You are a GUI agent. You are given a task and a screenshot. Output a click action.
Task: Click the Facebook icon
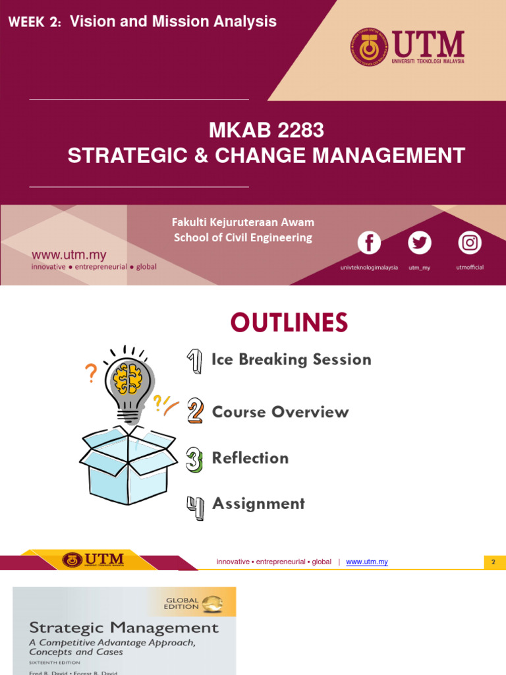tap(369, 243)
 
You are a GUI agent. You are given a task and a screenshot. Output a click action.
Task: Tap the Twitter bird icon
tap(419, 243)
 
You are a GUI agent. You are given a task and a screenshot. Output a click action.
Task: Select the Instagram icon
tap(469, 243)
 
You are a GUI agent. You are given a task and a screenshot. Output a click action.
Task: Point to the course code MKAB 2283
tap(266, 131)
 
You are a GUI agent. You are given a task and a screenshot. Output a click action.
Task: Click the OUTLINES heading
tap(289, 323)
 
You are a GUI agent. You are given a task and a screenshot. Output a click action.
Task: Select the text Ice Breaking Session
tap(291, 359)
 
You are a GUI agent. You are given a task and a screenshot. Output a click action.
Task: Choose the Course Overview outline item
tap(280, 412)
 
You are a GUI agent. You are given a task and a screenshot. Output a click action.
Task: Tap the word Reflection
tap(250, 458)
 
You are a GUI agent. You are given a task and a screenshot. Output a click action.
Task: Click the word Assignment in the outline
tap(258, 504)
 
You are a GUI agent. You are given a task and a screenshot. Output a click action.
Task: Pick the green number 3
tap(194, 459)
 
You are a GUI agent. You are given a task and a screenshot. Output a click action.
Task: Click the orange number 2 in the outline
tap(194, 412)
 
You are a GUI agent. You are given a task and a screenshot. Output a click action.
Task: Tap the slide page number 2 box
tap(493, 562)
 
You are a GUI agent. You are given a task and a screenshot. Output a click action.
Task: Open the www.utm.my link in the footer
tap(366, 562)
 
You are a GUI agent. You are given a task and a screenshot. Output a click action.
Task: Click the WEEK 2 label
tap(34, 22)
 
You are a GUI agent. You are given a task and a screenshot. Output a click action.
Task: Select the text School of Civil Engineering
tap(242, 238)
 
